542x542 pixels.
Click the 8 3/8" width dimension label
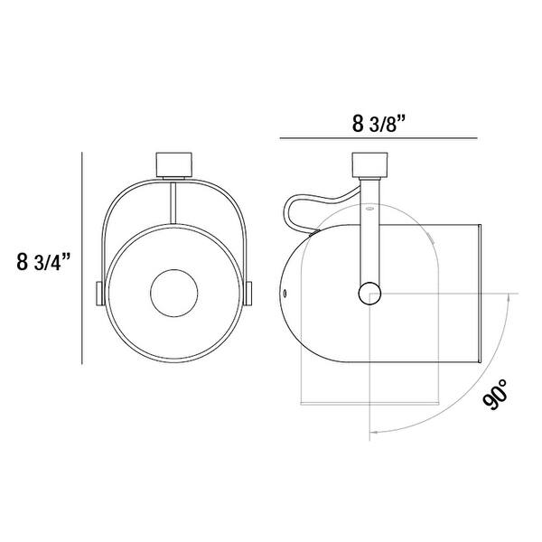coord(378,124)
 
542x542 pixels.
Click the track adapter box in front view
coord(174,164)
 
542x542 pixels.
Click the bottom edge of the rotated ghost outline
coord(369,404)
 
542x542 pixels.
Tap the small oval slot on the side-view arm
coord(369,208)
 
